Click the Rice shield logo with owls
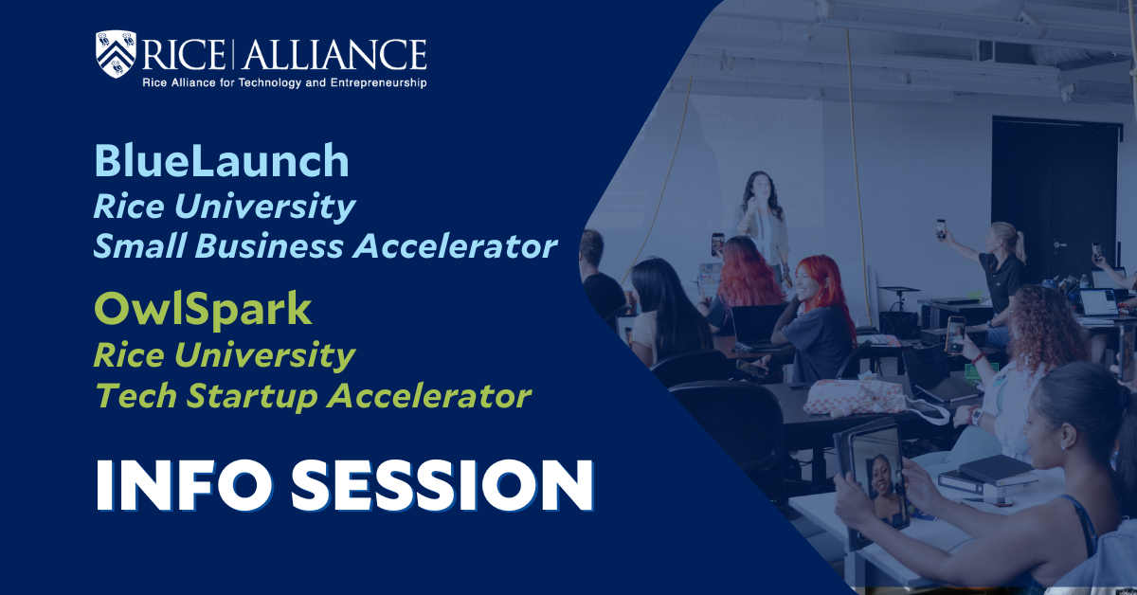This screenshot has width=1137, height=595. pyautogui.click(x=116, y=54)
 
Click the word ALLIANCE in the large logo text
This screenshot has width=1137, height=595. pyautogui.click(x=334, y=54)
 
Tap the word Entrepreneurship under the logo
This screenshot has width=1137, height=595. pyautogui.click(x=378, y=82)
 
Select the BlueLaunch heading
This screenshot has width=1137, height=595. pyautogui.click(x=222, y=160)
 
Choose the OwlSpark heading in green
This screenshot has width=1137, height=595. pyautogui.click(x=203, y=310)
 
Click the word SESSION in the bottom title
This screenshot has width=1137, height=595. pyautogui.click(x=442, y=485)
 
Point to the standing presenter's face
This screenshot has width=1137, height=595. pyautogui.click(x=760, y=189)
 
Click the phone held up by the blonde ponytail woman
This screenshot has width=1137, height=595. pyautogui.click(x=941, y=228)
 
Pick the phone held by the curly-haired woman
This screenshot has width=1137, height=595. pyautogui.click(x=955, y=334)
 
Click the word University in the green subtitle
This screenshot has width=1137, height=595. pyautogui.click(x=264, y=355)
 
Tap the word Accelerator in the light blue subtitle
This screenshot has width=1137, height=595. pyautogui.click(x=455, y=246)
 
